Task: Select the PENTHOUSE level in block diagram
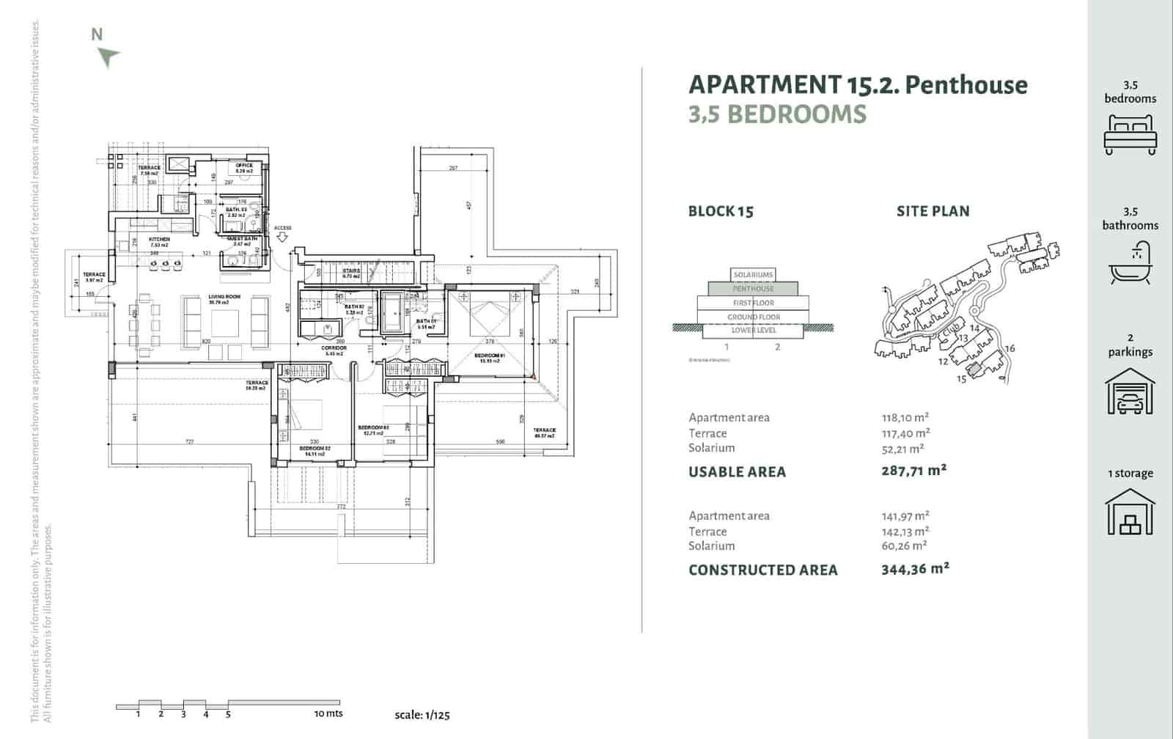click(753, 289)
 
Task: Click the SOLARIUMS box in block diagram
click(753, 275)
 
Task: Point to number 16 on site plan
click(1010, 348)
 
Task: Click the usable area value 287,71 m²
click(913, 471)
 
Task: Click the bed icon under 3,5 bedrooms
click(1130, 134)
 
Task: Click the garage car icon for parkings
click(1130, 392)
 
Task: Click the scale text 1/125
click(422, 715)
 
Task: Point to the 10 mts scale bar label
click(328, 713)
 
